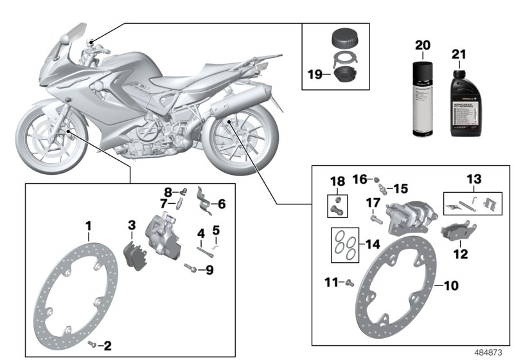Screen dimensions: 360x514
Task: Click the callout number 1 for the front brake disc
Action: (89, 226)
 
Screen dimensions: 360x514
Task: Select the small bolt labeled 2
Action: (94, 345)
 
